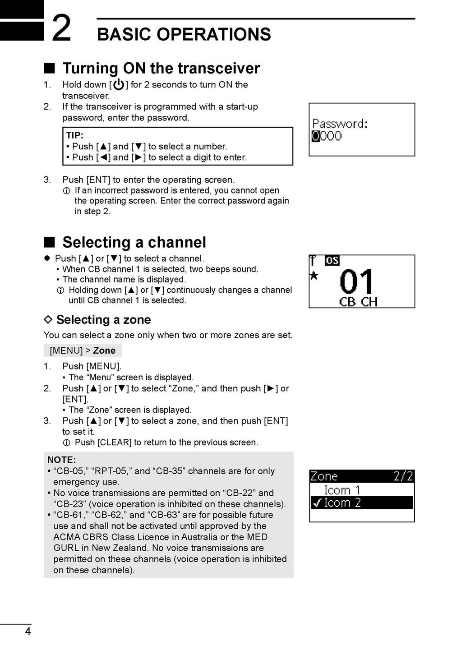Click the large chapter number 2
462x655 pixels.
coord(61,28)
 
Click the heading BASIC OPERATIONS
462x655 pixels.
coord(184,34)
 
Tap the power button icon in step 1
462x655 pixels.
coord(119,84)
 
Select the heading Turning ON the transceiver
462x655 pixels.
coord(161,68)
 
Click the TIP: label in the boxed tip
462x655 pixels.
coord(75,135)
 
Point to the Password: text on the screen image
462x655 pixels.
coord(340,124)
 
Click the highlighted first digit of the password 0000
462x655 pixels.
coord(316,136)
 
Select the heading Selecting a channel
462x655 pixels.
coord(134,242)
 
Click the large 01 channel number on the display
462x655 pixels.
coord(356,282)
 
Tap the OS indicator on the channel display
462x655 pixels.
coord(332,261)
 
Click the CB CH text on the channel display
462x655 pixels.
coord(358,302)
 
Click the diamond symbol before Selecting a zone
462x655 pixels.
coord(48,319)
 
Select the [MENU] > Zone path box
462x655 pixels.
coord(83,351)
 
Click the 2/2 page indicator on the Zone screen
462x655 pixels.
coord(403,476)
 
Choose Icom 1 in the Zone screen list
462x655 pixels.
coord(342,490)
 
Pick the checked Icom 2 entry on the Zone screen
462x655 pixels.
coord(342,503)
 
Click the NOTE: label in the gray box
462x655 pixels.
coord(62,460)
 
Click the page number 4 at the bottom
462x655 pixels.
coord(28,631)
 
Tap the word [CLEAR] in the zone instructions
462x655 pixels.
coord(115,443)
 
